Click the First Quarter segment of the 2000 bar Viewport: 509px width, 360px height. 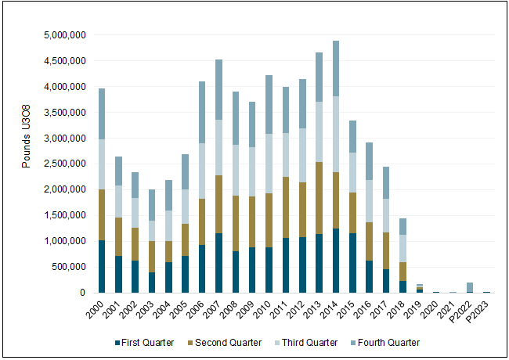pyautogui.click(x=102, y=266)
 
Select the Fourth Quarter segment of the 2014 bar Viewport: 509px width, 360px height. pyautogui.click(x=336, y=68)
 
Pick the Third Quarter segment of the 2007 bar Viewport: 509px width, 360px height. pyautogui.click(x=219, y=147)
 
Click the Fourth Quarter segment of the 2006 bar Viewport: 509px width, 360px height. pyautogui.click(x=202, y=112)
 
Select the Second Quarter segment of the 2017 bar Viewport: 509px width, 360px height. pyautogui.click(x=388, y=250)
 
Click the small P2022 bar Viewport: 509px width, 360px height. pyautogui.click(x=469, y=287)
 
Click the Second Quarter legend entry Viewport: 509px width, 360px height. pyautogui.click(x=222, y=342)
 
